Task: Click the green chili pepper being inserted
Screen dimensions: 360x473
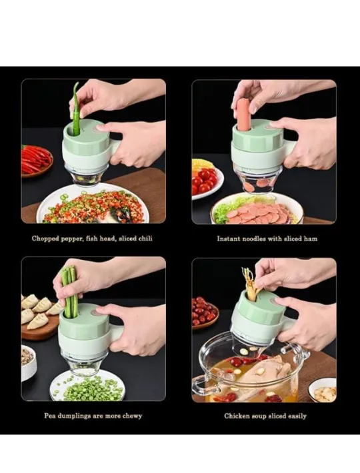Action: (75, 110)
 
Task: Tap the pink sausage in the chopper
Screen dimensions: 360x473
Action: (243, 115)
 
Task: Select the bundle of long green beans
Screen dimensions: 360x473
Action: (69, 291)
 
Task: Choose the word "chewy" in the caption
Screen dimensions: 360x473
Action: (132, 416)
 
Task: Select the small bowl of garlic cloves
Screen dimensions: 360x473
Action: (323, 390)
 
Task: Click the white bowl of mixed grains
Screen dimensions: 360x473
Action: (29, 364)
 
